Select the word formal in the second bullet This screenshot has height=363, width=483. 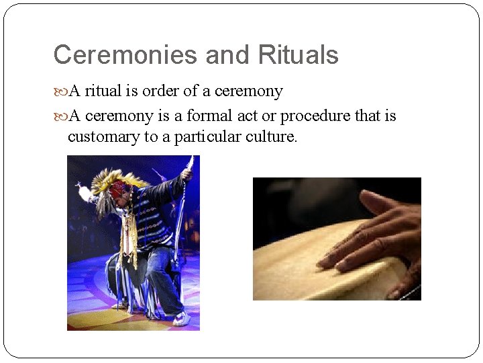pos(211,116)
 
